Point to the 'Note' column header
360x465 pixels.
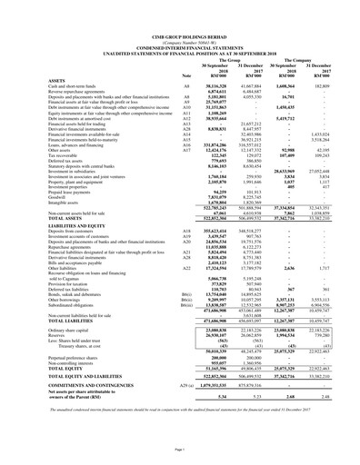187,48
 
